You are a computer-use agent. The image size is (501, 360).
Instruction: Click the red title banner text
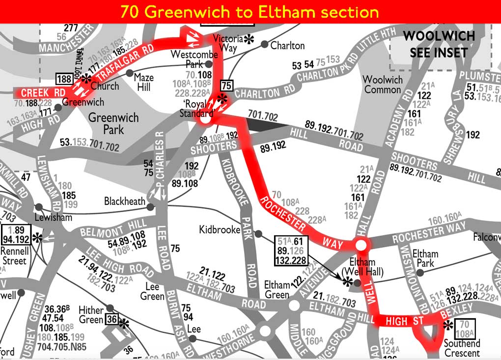tap(250, 11)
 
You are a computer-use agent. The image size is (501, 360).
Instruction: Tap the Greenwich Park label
tap(114, 123)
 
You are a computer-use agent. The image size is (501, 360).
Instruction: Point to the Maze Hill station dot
tap(130, 73)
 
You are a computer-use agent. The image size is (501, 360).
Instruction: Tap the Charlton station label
tap(288, 46)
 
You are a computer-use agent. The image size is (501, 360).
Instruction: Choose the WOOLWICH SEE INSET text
tap(438, 44)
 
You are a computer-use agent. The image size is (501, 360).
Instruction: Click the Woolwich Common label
tap(382, 84)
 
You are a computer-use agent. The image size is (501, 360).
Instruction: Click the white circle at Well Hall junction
tap(361, 245)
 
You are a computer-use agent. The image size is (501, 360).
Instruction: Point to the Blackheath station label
tap(125, 201)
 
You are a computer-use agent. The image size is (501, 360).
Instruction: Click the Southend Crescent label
tap(462, 348)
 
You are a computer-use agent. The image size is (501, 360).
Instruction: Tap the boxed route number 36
tap(111, 320)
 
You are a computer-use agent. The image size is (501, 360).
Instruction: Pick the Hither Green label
tap(91, 315)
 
